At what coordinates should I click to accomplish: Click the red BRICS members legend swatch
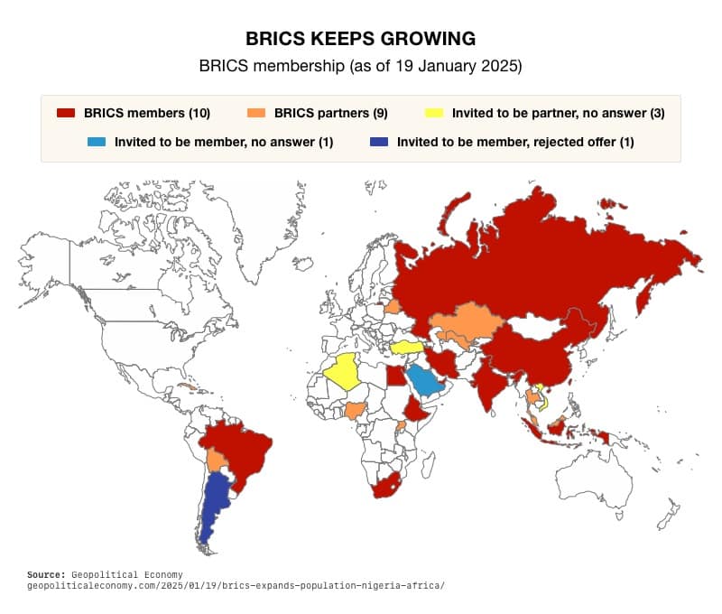pos(65,114)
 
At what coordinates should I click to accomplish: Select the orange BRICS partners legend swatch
pos(256,114)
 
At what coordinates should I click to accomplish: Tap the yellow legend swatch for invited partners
pos(434,114)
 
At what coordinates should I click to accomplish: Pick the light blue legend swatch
pos(97,142)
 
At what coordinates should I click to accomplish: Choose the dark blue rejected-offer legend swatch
pos(379,142)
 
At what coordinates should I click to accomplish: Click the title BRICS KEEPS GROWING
pos(360,39)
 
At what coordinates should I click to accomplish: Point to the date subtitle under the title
pos(360,66)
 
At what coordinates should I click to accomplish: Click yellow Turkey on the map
pos(406,348)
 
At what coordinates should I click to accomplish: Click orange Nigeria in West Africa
pos(358,411)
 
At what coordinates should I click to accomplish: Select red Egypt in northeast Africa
pos(395,375)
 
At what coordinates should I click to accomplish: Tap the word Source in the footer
pos(47,574)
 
